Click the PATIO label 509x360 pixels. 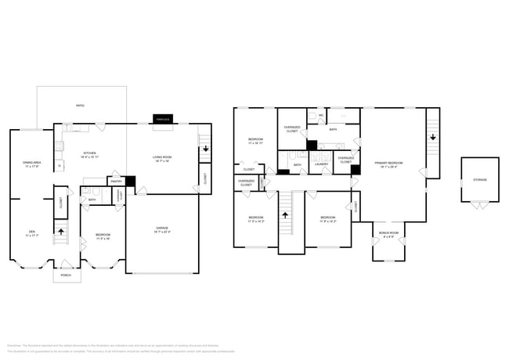80,104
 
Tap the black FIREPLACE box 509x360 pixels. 163,120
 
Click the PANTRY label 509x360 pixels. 116,181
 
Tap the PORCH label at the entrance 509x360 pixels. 66,275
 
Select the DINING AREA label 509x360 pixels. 31,164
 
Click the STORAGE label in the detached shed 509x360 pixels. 479,179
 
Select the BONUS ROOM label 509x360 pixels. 389,233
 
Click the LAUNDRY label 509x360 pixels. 321,164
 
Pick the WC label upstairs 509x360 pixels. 321,116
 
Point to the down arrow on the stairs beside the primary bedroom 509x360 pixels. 431,139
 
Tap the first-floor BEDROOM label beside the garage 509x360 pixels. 103,235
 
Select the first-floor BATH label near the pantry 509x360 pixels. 92,200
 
